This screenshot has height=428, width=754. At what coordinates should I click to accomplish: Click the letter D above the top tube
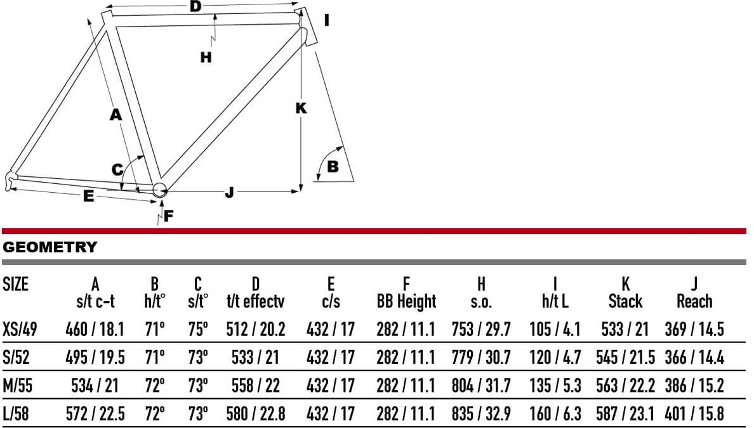pos(195,6)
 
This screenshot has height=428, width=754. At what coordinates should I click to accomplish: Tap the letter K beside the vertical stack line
pos(301,108)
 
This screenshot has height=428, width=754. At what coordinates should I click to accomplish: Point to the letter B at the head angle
pos(333,167)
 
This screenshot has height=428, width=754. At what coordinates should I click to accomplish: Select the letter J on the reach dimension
pos(229,193)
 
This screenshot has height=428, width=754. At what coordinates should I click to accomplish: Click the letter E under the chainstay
pos(88,196)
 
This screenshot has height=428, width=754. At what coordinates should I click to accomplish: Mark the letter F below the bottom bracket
pos(168,216)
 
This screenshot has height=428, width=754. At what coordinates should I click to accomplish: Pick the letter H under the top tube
pos(206,58)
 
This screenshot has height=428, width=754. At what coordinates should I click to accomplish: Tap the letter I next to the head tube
pos(327,21)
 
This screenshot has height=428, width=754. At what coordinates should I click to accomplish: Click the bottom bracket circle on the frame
pos(159,189)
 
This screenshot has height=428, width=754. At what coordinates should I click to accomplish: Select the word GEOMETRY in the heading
pos(50,247)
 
